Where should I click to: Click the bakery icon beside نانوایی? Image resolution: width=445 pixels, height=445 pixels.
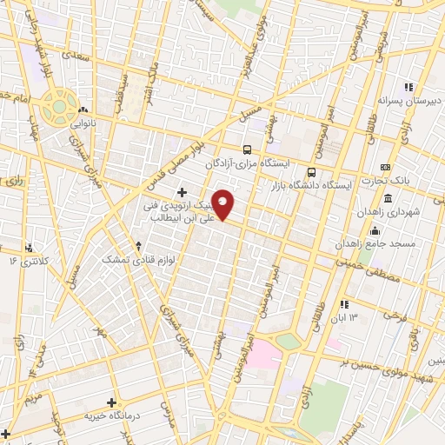(x=83, y=110)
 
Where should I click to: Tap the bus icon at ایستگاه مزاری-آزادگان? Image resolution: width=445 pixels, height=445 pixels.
(x=248, y=149)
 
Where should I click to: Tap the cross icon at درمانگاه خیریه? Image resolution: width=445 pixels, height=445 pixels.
(x=111, y=402)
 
